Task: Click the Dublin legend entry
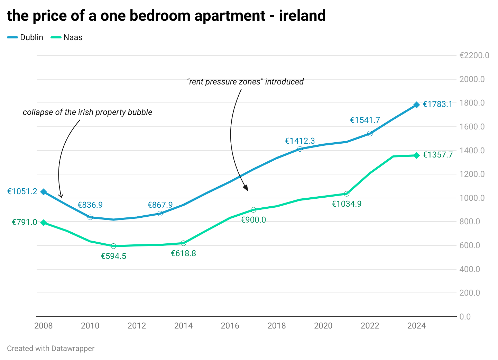(25, 37)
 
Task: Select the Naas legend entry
(66, 37)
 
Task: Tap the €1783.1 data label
(437, 104)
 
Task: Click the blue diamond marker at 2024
(416, 105)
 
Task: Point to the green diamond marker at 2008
(44, 223)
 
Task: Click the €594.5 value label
(113, 256)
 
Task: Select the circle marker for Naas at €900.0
(253, 210)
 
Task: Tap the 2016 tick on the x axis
(230, 326)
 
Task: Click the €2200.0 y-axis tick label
(474, 55)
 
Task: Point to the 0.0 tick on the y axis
(465, 317)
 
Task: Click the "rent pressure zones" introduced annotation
(245, 82)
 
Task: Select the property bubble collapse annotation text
(87, 112)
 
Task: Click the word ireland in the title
(302, 16)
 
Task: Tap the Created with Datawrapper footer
(51, 349)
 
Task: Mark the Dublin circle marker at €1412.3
(300, 149)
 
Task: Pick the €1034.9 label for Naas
(347, 204)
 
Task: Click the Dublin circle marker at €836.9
(90, 217)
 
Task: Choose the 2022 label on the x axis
(370, 326)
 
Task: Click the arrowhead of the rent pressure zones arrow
(246, 188)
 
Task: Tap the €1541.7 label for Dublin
(365, 120)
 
